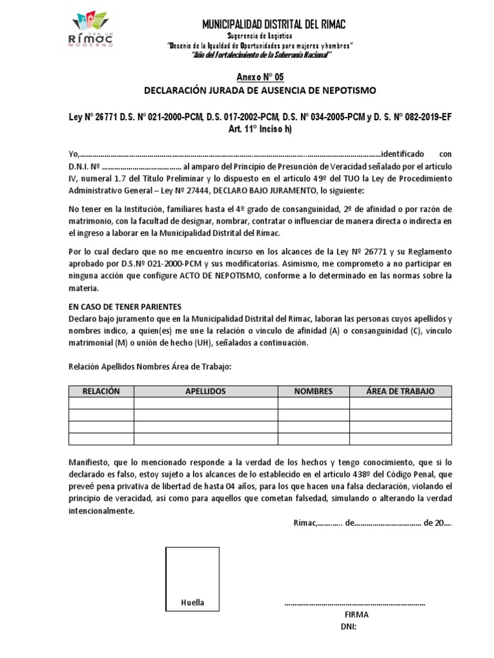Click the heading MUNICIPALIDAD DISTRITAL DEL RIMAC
(x=274, y=24)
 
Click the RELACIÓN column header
(x=102, y=391)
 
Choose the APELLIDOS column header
(x=205, y=391)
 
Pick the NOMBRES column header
(x=313, y=391)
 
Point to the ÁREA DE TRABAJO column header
(x=400, y=391)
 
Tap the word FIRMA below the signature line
(x=356, y=614)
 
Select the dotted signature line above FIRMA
(x=354, y=604)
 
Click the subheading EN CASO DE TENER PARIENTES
(x=125, y=307)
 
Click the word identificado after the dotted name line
(x=402, y=154)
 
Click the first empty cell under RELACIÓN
(x=102, y=403)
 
